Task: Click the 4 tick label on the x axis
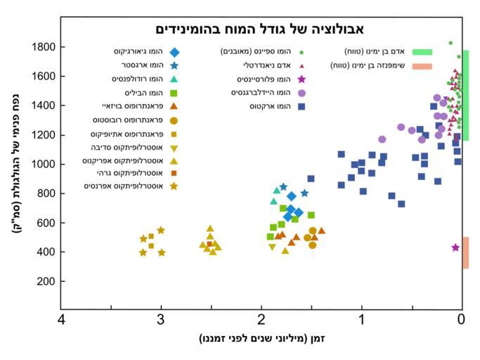(x=62, y=320)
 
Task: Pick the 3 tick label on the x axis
(x=161, y=320)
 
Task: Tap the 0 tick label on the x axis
(x=462, y=320)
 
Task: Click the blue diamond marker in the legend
(x=174, y=52)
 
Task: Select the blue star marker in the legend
(x=174, y=65)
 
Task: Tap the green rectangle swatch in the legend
(x=422, y=52)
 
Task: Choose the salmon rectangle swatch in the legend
(x=422, y=65)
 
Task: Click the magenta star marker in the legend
(x=301, y=79)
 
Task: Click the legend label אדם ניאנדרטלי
(x=264, y=65)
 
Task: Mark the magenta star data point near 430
(x=455, y=247)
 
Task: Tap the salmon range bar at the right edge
(x=466, y=252)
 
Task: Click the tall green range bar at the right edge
(x=466, y=95)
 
